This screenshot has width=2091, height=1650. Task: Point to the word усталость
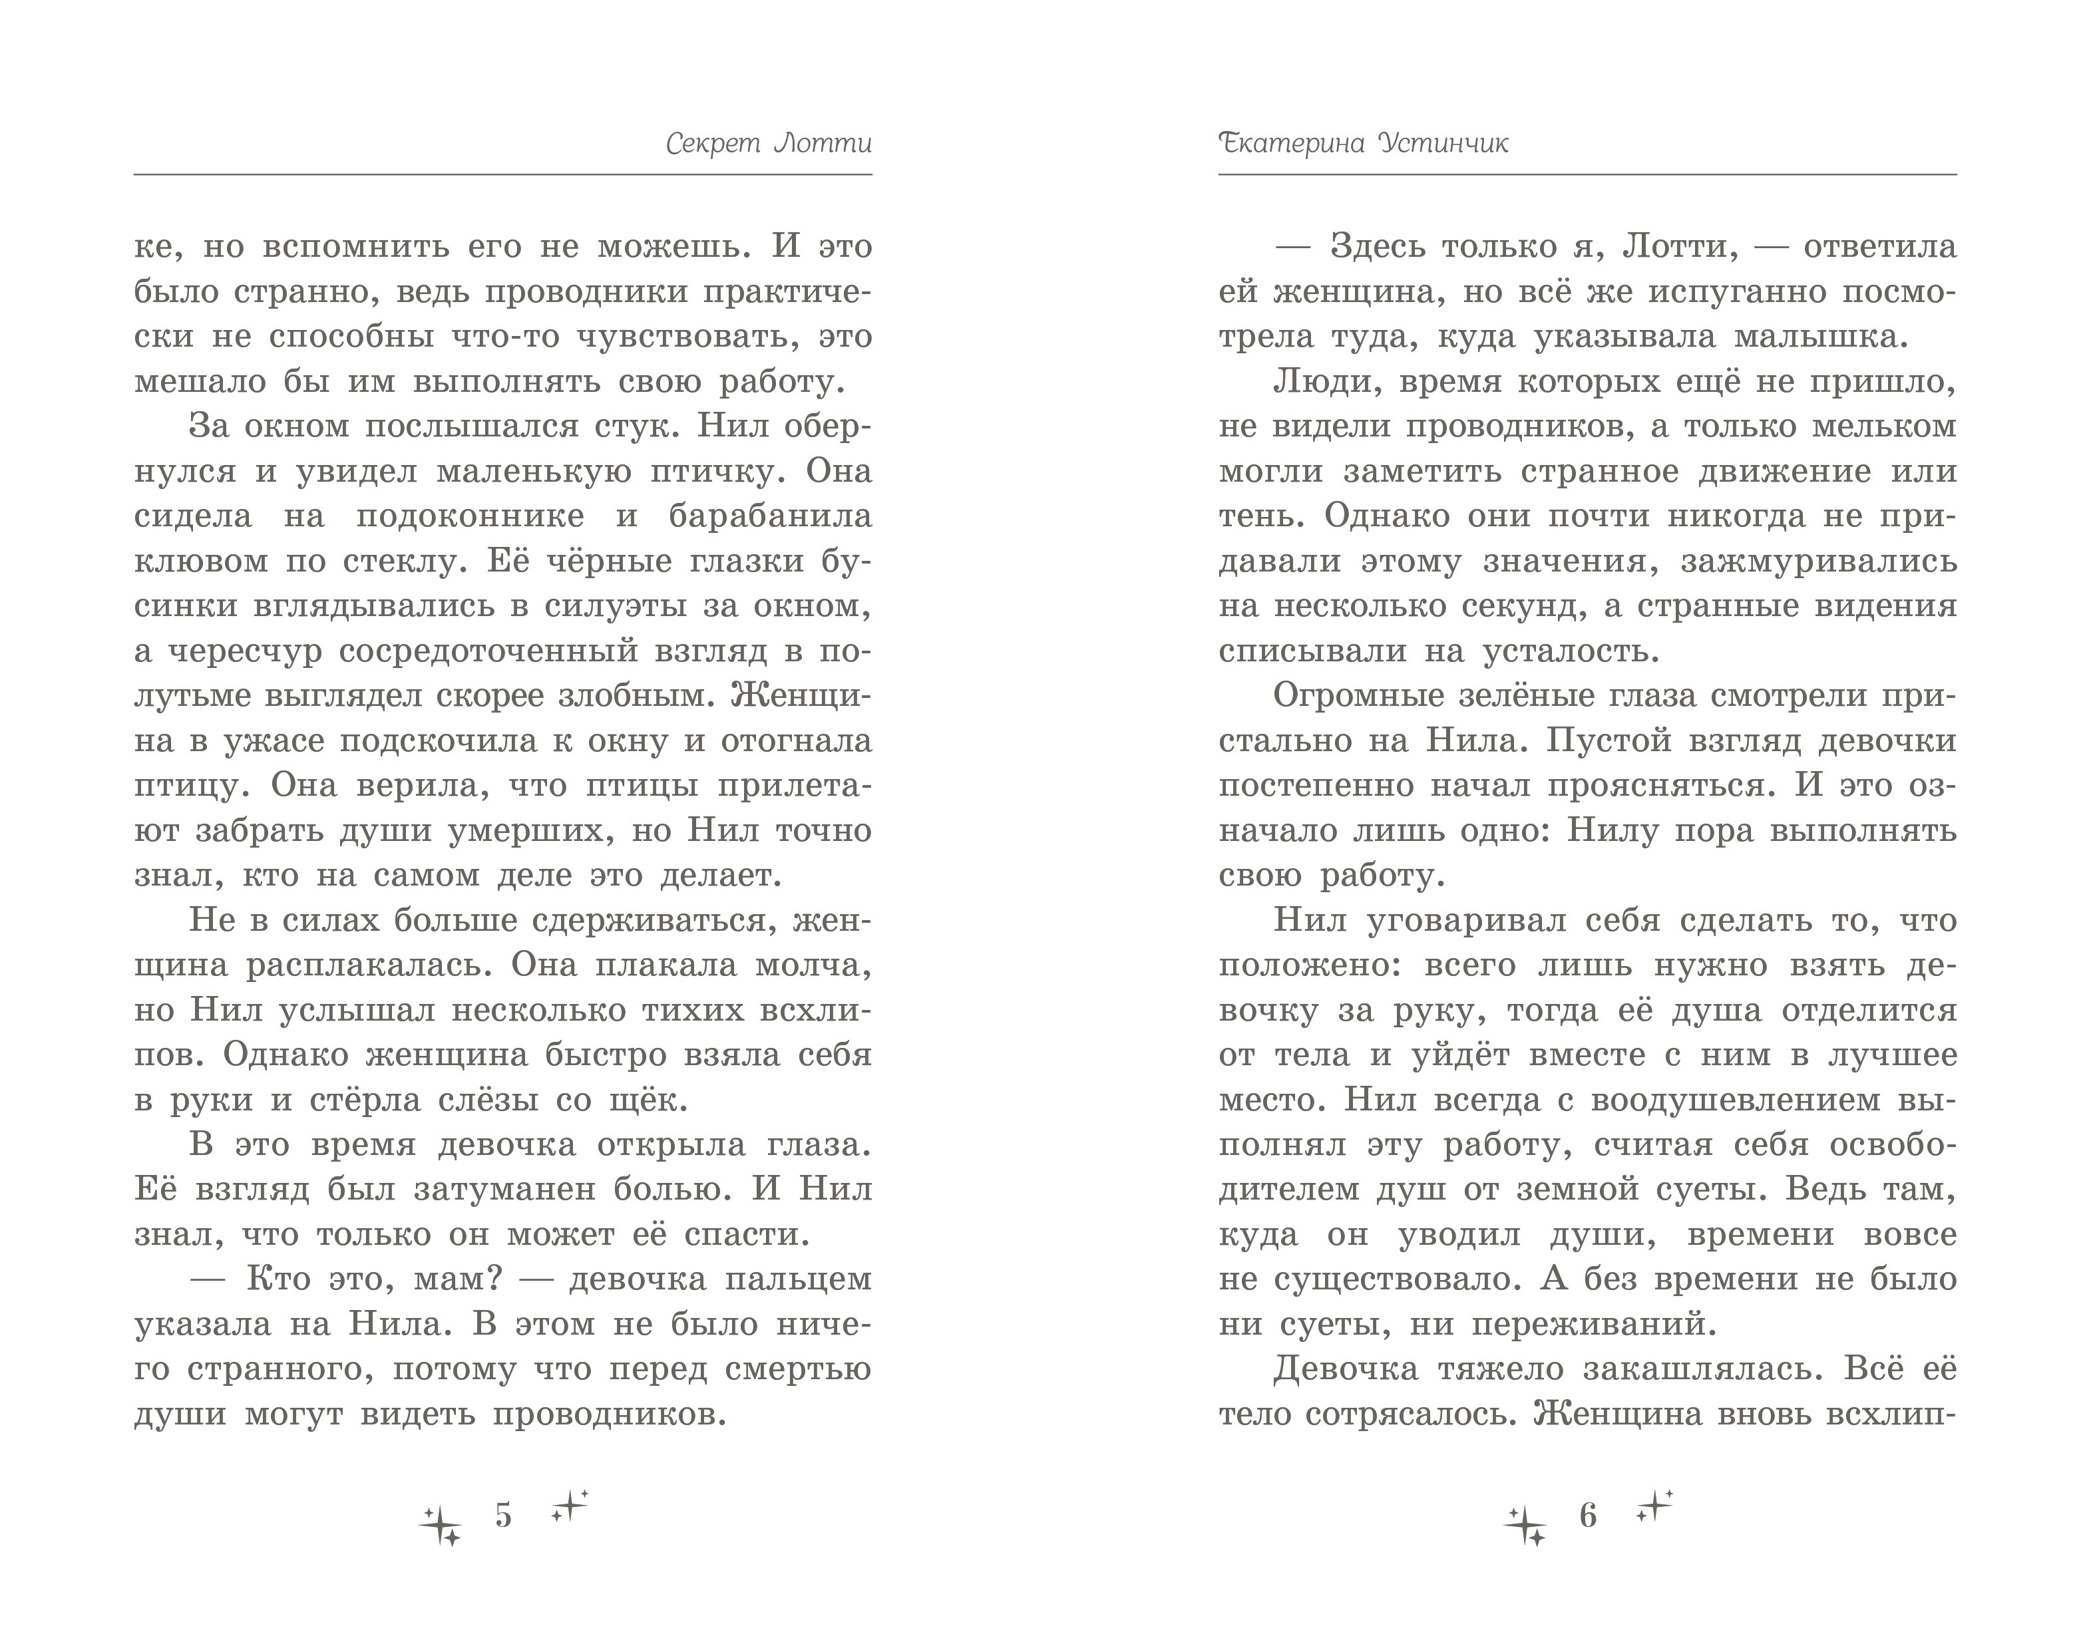tap(1570, 651)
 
